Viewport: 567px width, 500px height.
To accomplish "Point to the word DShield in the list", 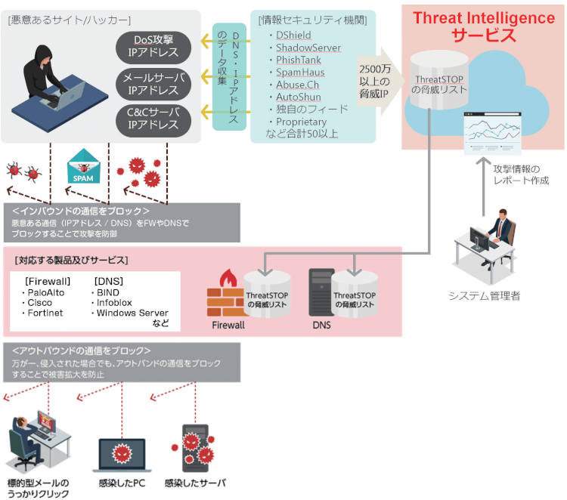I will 293,35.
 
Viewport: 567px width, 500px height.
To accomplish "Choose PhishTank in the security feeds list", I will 298,60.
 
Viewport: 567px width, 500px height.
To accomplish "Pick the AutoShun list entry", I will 298,97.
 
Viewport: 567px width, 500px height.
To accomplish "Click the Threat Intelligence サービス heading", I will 483,26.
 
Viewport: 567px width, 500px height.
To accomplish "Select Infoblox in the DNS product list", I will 113,302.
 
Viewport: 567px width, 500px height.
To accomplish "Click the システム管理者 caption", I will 485,295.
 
